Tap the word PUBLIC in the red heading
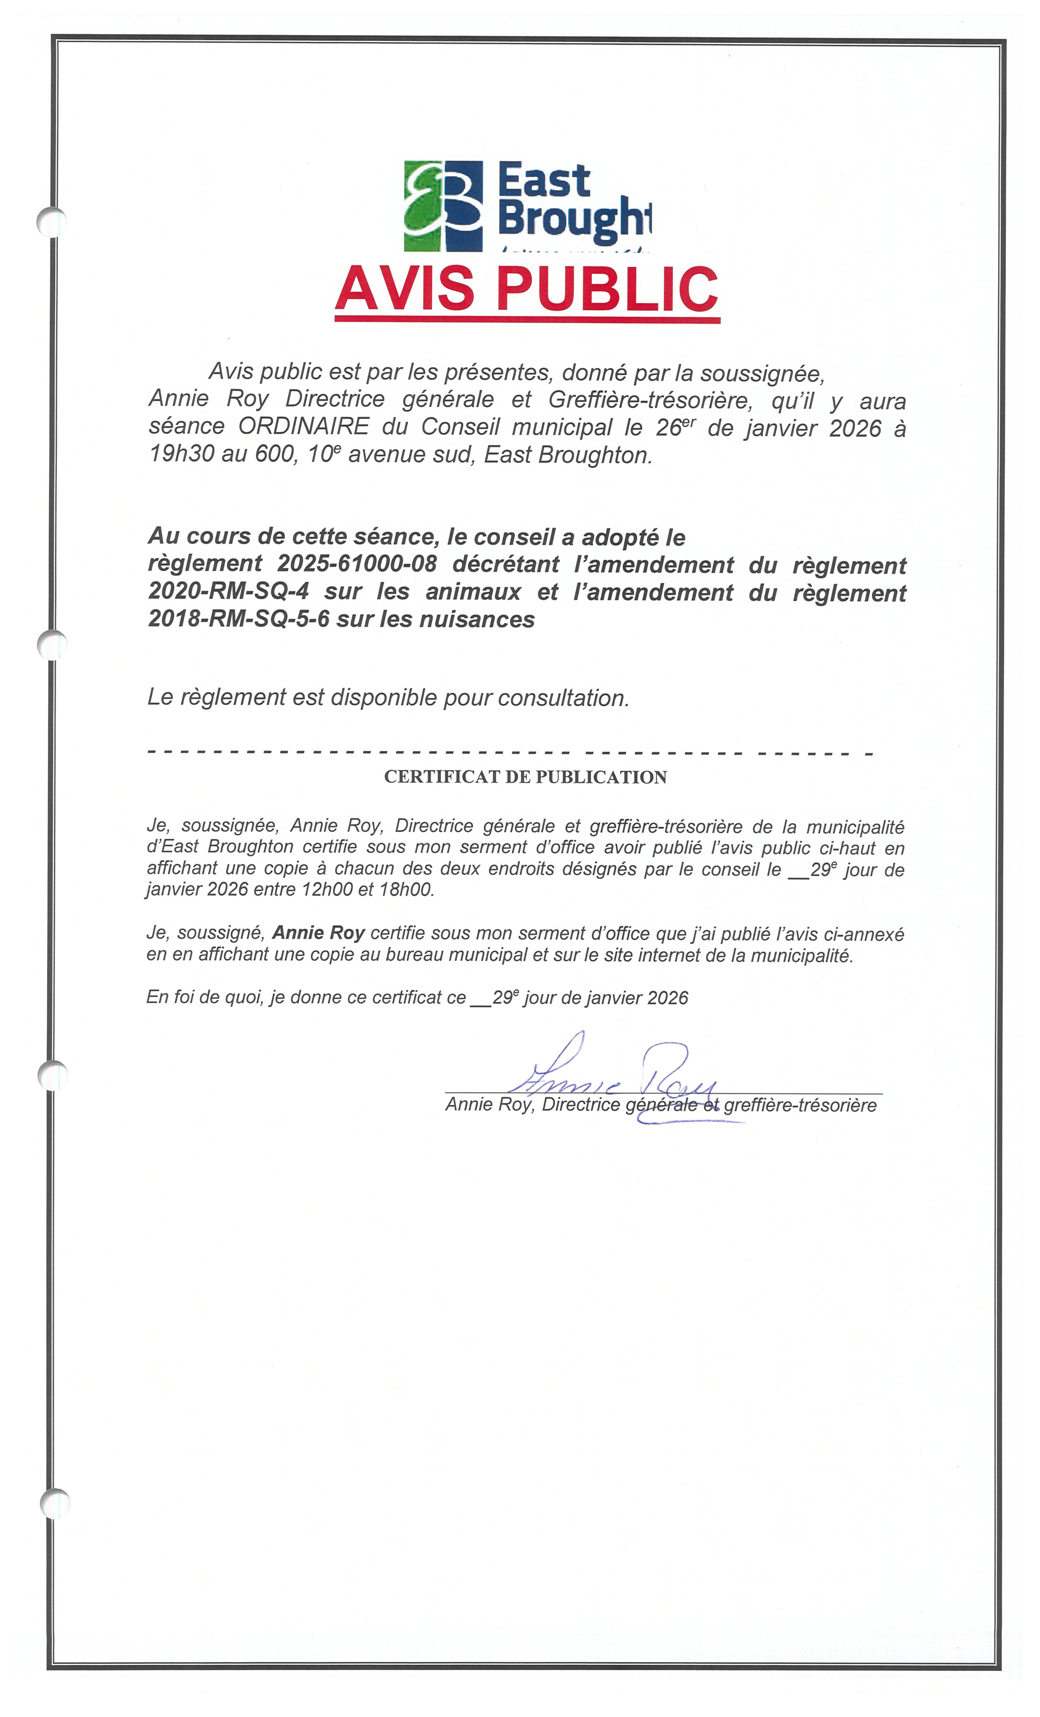coord(606,289)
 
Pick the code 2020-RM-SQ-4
coord(228,591)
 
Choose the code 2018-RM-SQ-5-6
coord(238,619)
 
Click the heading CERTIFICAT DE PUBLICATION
coord(525,777)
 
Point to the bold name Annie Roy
coord(318,933)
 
